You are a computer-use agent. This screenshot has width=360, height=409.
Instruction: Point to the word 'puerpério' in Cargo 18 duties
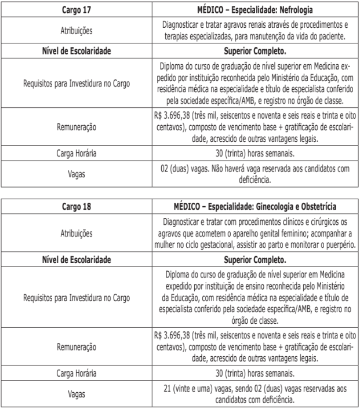click(x=336, y=246)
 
